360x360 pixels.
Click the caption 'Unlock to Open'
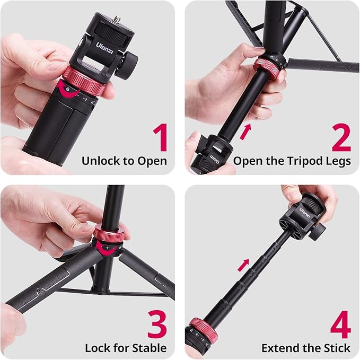coord(124,161)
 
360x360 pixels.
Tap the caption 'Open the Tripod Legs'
coord(292,161)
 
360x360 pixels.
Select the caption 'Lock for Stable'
coord(126,348)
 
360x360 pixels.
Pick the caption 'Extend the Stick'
coord(306,348)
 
